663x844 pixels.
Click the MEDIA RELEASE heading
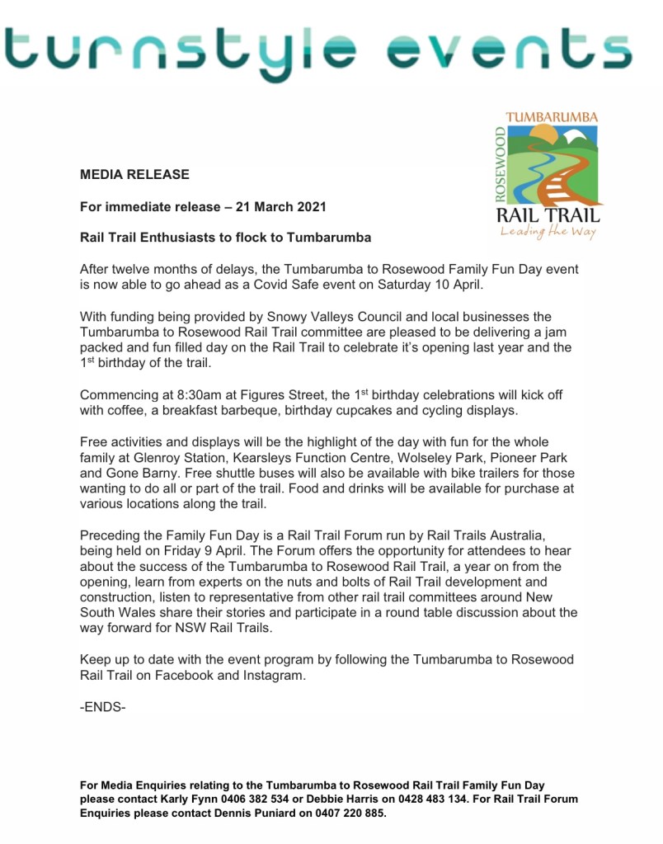coord(134,174)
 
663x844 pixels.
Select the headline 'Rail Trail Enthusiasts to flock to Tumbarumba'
coord(225,237)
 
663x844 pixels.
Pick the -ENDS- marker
coord(103,707)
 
